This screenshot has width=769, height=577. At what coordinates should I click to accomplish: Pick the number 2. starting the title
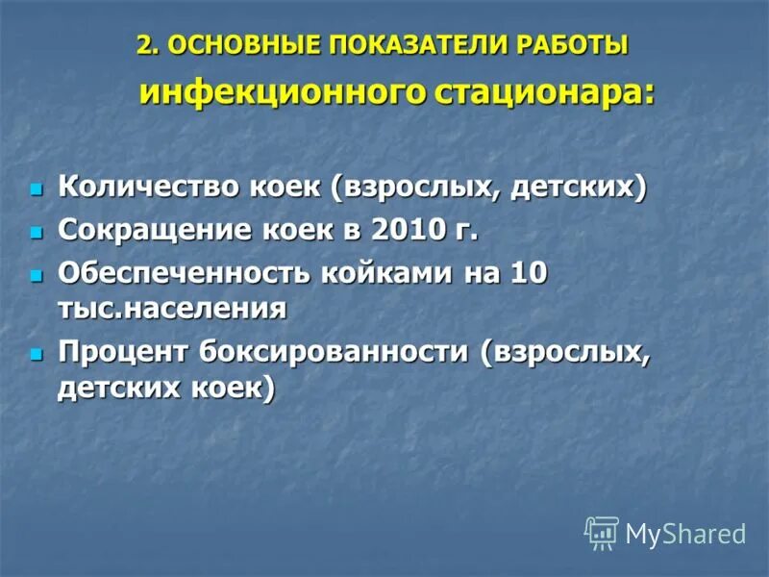pyautogui.click(x=147, y=46)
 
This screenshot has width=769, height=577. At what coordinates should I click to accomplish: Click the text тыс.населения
pyautogui.click(x=172, y=309)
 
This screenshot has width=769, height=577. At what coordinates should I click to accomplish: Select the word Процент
pyautogui.click(x=123, y=352)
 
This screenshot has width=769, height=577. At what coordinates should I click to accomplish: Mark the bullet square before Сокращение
pyautogui.click(x=37, y=231)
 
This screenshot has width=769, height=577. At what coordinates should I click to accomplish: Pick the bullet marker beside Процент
pyautogui.click(x=37, y=354)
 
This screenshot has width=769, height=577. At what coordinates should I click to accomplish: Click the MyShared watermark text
pyautogui.click(x=685, y=534)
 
